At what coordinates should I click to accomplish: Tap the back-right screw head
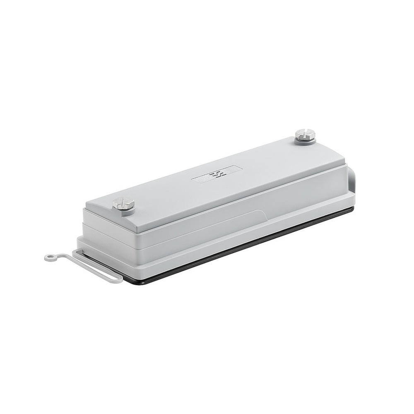[305, 134]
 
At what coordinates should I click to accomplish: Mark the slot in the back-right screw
[305, 133]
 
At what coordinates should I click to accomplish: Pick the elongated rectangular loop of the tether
[98, 267]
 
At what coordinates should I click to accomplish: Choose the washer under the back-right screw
[306, 141]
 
